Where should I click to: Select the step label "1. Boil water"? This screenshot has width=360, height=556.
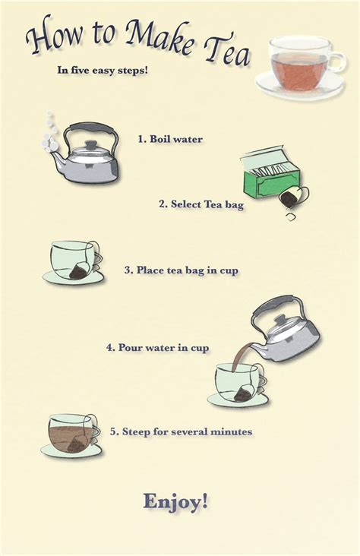(170, 139)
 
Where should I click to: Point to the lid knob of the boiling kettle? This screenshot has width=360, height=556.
(91, 144)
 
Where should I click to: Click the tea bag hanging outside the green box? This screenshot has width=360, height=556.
(289, 199)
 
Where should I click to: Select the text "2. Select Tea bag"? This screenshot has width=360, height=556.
(201, 204)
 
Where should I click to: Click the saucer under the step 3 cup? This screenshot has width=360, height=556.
(72, 279)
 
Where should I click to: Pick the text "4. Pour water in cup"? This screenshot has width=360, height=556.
(158, 347)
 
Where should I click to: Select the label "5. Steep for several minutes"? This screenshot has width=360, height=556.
(181, 431)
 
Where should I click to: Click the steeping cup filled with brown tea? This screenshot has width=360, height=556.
(70, 434)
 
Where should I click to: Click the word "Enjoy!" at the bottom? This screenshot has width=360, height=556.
(175, 501)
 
